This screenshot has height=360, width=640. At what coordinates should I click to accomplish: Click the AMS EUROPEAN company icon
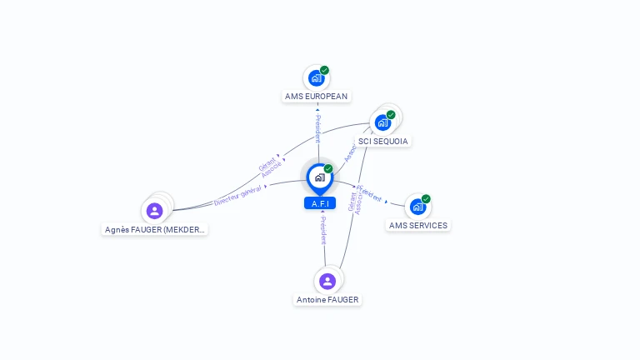316,78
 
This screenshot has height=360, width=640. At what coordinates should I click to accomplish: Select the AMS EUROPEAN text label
316,97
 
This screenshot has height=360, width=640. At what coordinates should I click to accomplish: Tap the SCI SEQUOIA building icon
382,122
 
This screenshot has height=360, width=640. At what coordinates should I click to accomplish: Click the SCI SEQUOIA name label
383,142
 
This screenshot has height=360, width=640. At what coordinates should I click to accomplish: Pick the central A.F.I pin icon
319,177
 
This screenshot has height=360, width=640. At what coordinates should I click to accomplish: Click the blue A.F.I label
319,203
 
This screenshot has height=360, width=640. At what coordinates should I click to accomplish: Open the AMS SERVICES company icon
417,207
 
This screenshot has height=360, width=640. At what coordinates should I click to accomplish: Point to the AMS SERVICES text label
417,226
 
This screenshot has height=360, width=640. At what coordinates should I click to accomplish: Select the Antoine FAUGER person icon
327,282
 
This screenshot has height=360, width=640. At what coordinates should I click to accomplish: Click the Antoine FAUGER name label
328,300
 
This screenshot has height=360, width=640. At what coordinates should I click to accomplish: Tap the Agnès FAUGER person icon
154,211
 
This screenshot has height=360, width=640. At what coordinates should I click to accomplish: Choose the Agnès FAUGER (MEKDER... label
156,230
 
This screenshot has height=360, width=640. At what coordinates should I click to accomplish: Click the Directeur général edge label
237,196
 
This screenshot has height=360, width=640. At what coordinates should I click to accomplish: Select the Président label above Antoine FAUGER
323,230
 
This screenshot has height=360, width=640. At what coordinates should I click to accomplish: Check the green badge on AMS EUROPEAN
324,70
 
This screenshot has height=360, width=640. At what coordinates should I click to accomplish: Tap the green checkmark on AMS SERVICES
426,198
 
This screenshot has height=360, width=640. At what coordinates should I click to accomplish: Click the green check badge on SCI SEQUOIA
391,114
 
